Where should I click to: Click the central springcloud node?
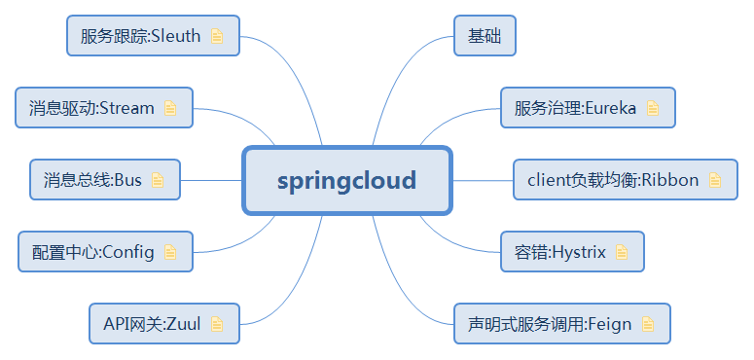[346, 181]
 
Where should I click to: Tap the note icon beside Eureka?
[653, 109]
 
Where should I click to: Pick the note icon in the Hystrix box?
[623, 253]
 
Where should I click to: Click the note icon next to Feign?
[648, 324]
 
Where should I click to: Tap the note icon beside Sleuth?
[218, 37]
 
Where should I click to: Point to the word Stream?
[127, 109]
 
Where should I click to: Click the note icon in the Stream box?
[171, 109]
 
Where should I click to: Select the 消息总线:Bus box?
[104, 180]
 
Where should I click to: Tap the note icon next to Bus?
[158, 180]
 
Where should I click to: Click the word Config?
[128, 253]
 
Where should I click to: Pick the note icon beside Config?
[171, 253]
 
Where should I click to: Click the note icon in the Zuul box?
[217, 324]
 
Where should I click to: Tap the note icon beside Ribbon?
[716, 180]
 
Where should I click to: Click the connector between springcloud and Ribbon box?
[483, 180]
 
